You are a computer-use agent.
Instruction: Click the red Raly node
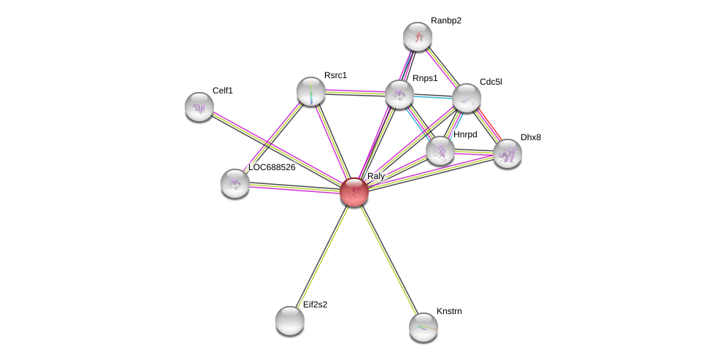click(354, 192)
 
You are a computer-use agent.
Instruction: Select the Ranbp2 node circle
click(418, 37)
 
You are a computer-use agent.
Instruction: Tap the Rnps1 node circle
click(399, 94)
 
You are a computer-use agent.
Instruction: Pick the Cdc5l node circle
click(466, 97)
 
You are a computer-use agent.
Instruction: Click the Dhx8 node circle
click(508, 153)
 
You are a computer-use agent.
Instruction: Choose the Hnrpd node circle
click(440, 150)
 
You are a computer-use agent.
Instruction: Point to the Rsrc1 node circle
click(311, 91)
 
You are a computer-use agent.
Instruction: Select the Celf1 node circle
click(199, 107)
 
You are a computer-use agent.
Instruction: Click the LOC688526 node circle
click(235, 183)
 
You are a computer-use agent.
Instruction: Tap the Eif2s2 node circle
click(290, 320)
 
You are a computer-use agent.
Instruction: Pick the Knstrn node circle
click(424, 326)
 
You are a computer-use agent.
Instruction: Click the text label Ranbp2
click(445, 20)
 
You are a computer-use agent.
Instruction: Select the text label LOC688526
click(272, 167)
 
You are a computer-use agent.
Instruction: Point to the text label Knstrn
click(449, 311)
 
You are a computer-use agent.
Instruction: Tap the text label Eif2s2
click(315, 305)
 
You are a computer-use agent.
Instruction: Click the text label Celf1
click(223, 91)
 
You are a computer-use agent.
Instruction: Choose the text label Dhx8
click(530, 137)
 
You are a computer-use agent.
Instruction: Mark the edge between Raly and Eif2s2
click(323, 255)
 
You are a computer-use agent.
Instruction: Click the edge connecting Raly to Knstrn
click(388, 259)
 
